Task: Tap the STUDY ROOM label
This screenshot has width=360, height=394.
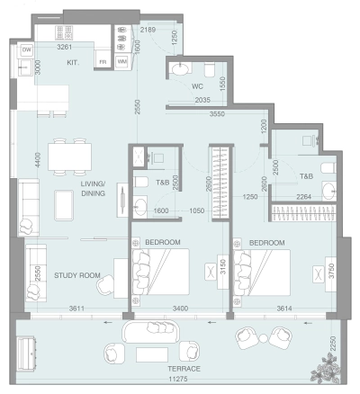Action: (75, 275)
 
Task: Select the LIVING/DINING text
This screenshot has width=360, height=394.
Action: (93, 188)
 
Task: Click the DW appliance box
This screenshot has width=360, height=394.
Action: (26, 49)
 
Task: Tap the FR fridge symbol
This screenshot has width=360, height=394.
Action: (103, 62)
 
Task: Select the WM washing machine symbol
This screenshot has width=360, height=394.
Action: (121, 61)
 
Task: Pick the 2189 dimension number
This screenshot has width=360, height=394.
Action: (150, 31)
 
